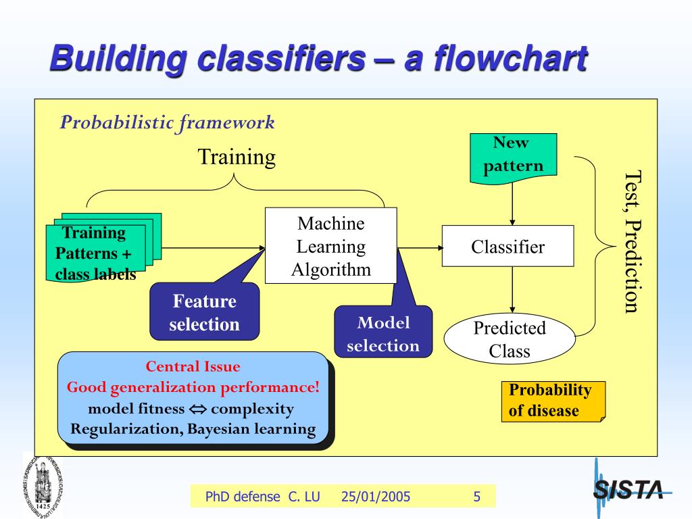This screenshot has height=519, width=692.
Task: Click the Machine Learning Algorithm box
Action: pos(330,245)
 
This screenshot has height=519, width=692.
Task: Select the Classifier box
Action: pos(508,246)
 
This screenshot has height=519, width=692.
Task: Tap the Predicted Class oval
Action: pos(509,339)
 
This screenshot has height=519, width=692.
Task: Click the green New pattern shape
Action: pos(513,156)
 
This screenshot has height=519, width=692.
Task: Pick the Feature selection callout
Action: pos(204,312)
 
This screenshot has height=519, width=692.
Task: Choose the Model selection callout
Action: pos(382,334)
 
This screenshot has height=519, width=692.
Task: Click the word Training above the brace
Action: pos(237,157)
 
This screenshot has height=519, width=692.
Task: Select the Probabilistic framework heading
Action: pos(168,122)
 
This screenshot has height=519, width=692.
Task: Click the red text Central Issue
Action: pos(193,367)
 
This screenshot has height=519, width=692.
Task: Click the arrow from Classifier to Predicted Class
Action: pos(513,291)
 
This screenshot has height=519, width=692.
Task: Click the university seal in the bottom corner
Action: pos(43,484)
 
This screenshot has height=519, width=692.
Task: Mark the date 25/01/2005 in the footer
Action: pos(376,497)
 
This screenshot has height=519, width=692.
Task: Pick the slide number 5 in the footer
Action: pos(476,497)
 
